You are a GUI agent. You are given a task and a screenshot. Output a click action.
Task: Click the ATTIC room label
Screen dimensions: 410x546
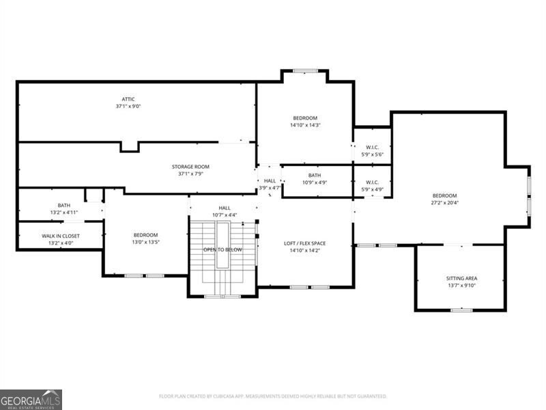128,99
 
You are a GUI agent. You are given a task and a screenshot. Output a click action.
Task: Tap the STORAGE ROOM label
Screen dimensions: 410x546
190,166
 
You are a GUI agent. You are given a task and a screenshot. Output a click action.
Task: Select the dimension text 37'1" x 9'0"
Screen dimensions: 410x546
128,107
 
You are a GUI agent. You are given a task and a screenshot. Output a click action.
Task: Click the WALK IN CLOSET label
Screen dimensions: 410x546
61,236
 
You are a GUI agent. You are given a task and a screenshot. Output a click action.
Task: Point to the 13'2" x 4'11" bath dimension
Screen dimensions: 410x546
63,213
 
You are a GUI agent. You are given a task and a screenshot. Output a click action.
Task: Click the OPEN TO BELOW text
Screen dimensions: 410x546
222,249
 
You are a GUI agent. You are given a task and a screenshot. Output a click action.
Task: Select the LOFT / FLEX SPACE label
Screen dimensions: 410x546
304,243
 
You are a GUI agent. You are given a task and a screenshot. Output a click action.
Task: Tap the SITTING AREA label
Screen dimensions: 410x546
461,278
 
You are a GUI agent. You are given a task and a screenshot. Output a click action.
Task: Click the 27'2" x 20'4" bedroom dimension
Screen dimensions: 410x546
444,202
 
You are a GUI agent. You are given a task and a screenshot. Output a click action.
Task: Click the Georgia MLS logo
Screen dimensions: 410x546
31,399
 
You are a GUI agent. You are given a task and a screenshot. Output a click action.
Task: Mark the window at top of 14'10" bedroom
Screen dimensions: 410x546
304,70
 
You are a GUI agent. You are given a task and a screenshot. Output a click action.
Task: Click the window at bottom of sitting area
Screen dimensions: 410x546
461,310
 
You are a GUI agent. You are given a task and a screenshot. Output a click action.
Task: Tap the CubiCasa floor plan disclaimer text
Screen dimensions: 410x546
273,396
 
